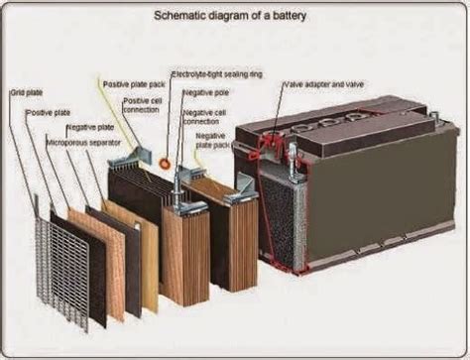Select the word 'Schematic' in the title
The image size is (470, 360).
point(178,17)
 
